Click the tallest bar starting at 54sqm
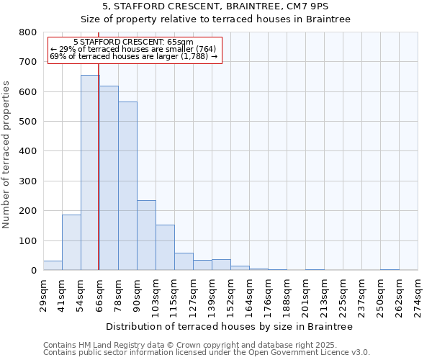click(90, 173)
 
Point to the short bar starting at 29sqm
click(53, 266)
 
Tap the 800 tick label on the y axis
click(28, 32)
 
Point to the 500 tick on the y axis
click(28, 122)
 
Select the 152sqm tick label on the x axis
click(231, 294)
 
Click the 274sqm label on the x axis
click(418, 294)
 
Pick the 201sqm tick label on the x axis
click(306, 294)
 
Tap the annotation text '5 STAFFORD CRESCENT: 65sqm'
click(133, 42)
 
